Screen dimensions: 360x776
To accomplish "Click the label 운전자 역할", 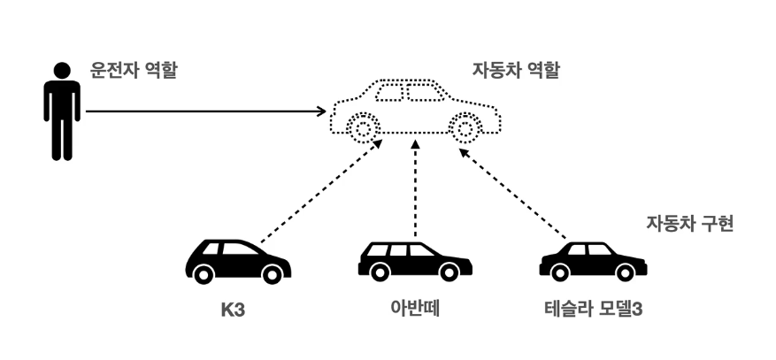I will [134, 70].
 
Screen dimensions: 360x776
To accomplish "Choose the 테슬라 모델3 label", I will [593, 310].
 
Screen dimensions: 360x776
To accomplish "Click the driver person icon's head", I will [62, 70].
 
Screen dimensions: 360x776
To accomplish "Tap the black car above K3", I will [237, 260].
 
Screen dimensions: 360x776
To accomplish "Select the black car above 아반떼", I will [414, 260].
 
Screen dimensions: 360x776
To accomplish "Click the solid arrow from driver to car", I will [204, 111].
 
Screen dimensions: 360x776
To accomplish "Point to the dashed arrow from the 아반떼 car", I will [414, 190].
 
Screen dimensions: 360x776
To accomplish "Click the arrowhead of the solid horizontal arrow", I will [322, 111].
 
